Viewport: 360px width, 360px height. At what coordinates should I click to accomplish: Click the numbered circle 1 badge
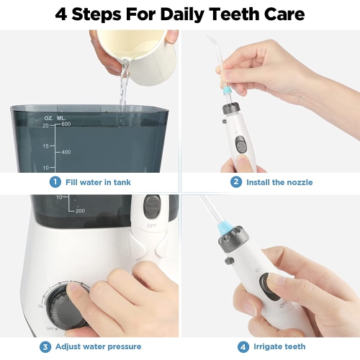coord(55,182)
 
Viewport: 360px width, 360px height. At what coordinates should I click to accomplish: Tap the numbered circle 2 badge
coord(236,182)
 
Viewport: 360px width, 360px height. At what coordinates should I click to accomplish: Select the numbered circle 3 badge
coord(45,347)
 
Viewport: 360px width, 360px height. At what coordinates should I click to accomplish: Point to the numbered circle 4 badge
coord(243,347)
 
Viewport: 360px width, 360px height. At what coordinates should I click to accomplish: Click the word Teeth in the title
coord(235,14)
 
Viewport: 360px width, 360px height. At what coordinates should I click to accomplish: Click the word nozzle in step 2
coord(300,182)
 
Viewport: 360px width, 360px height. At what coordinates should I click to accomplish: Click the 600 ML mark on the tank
coord(66,124)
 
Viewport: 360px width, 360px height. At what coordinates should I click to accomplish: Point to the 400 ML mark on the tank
coord(66,152)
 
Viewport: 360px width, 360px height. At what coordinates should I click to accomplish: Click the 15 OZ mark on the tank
coord(45,146)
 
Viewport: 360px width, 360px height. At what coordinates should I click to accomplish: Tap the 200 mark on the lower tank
coord(80,211)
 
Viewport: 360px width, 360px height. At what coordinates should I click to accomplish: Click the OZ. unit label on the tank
coord(48,118)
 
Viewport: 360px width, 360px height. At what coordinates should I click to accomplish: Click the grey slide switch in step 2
coord(240,145)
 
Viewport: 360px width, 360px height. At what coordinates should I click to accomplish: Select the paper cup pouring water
coord(139,56)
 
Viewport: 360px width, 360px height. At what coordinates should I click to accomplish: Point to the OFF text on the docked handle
coord(151,226)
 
